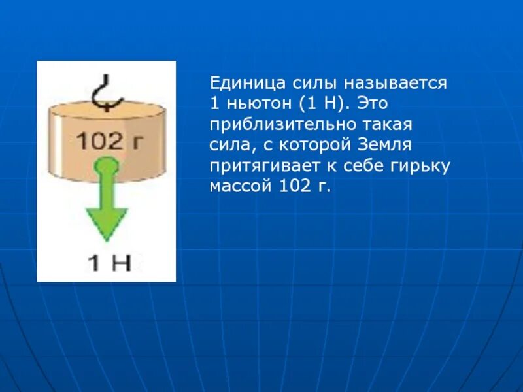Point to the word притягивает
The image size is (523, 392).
pyautogui.click(x=257, y=165)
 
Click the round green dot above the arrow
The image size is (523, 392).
pyautogui.click(x=105, y=167)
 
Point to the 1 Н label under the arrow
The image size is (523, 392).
pyautogui.click(x=109, y=262)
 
